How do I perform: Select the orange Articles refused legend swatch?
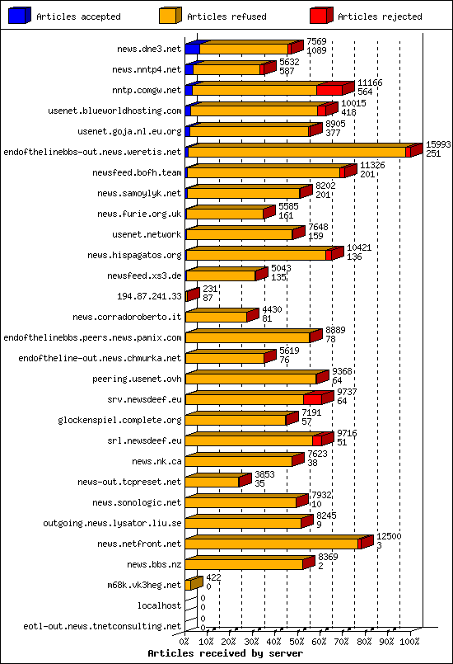tap(170, 15)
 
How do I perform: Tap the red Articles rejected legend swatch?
tap(320, 15)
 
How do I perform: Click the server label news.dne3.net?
tap(149, 49)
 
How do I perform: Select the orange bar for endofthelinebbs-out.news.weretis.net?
tap(297, 152)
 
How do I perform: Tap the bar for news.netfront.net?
tap(272, 544)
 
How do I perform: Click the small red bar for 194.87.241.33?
tap(190, 295)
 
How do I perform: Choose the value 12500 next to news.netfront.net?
tap(390, 536)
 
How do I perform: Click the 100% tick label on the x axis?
tap(409, 640)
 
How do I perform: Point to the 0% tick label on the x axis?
tap(184, 640)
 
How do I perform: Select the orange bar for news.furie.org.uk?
tap(224, 214)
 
